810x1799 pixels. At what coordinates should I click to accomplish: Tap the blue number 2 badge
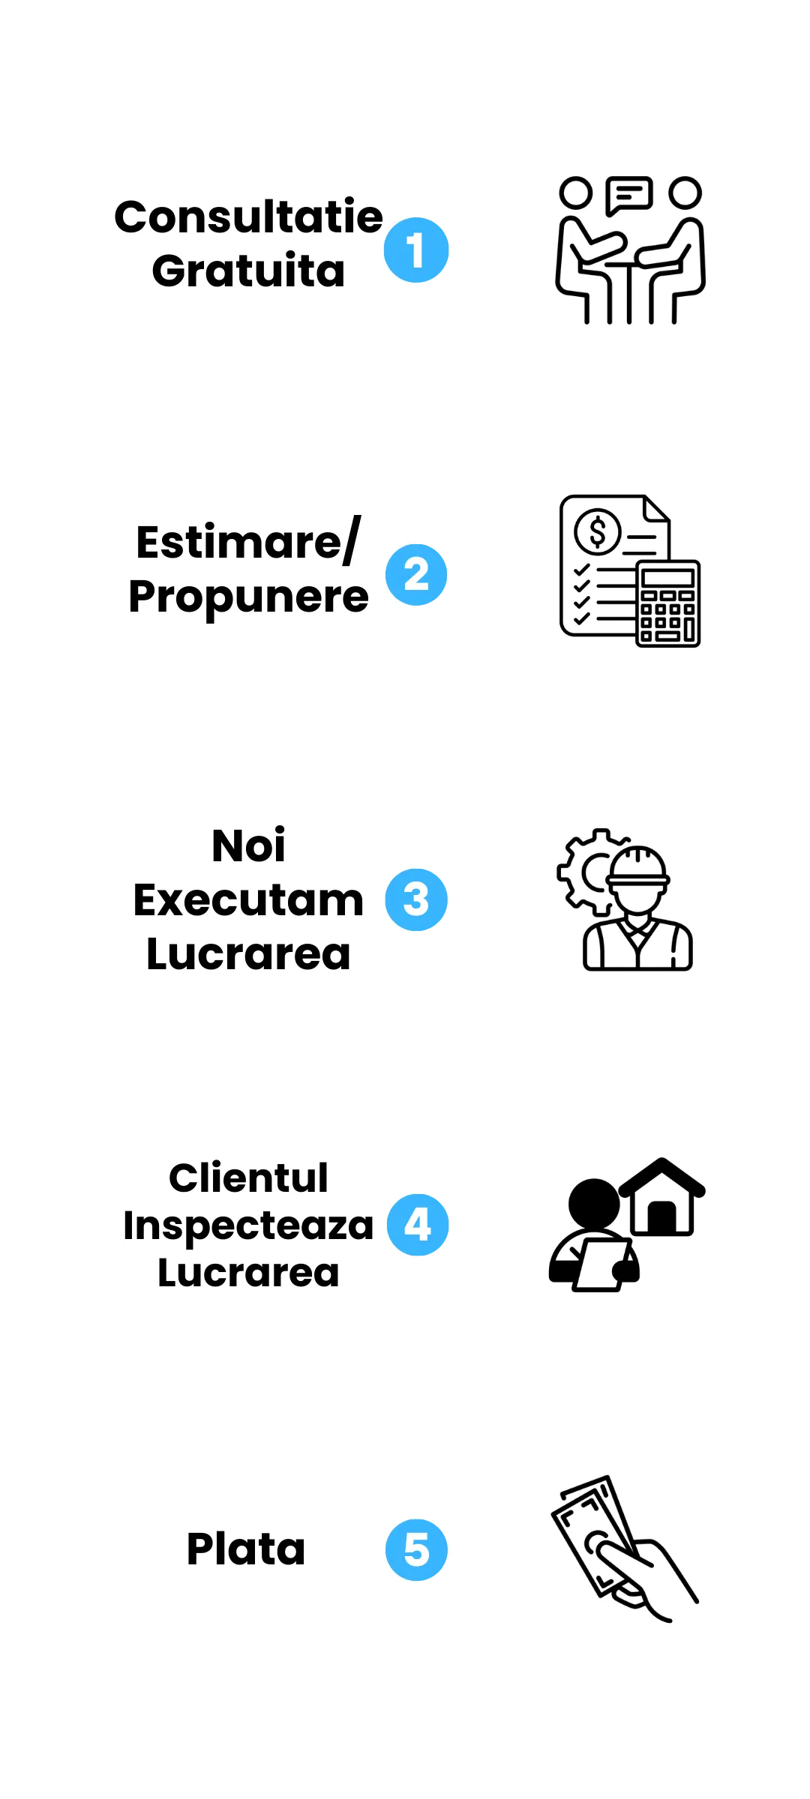click(x=417, y=574)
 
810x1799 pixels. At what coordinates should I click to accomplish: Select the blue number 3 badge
click(x=416, y=899)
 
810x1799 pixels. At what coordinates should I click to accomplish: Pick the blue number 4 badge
click(x=418, y=1225)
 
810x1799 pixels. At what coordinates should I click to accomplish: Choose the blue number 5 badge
click(x=417, y=1549)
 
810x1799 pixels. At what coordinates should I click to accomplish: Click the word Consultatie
click(x=248, y=217)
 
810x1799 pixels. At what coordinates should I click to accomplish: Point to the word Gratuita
click(x=248, y=271)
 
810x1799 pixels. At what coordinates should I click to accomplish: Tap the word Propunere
click(x=248, y=597)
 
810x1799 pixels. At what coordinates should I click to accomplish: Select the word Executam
click(x=248, y=900)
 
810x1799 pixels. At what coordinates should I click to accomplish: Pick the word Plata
click(x=246, y=1549)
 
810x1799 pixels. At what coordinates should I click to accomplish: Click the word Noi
click(x=248, y=846)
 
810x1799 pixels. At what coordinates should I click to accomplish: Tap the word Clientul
click(x=248, y=1178)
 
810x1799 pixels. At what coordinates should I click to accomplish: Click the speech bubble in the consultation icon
click(x=629, y=195)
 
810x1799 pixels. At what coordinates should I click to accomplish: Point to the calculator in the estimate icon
click(x=667, y=603)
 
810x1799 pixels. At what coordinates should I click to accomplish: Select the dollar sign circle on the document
click(x=598, y=531)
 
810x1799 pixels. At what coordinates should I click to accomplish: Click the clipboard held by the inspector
click(x=601, y=1264)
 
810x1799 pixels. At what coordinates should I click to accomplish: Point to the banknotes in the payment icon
click(x=592, y=1529)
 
